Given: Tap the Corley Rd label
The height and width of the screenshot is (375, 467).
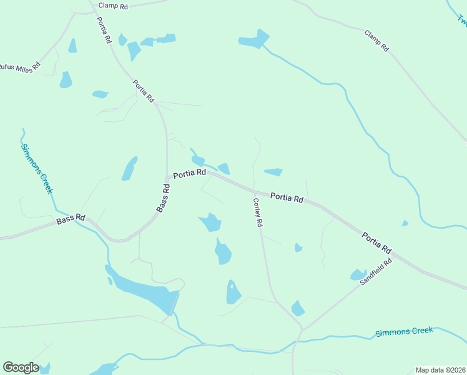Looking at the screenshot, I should (x=258, y=212).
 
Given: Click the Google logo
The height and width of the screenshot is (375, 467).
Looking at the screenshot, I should (x=21, y=367).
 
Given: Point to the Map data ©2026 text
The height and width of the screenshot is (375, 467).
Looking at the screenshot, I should (x=440, y=370).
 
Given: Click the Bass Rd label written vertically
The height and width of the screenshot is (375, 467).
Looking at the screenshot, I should (x=164, y=197).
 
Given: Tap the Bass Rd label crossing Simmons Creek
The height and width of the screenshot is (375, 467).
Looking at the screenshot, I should (x=71, y=219).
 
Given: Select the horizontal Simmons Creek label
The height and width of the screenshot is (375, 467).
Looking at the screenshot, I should (x=404, y=332).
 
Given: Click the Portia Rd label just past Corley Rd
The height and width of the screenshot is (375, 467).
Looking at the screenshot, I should (x=287, y=197).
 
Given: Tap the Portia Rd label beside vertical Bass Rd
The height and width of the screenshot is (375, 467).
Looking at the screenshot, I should (x=189, y=173).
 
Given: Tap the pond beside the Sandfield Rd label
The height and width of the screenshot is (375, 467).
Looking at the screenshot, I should (x=358, y=274).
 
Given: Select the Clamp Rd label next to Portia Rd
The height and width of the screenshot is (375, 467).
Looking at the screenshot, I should (x=113, y=6).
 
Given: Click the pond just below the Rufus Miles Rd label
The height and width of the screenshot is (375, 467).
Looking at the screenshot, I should (x=66, y=80).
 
